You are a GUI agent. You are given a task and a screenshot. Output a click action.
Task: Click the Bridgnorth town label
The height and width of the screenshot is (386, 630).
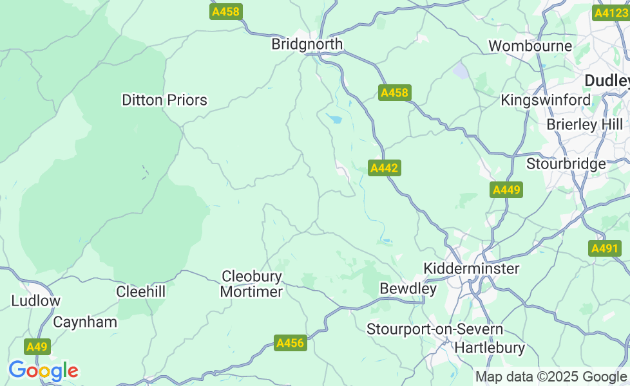point(307,44)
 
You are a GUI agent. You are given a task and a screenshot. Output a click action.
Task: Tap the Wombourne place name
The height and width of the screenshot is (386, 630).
point(530,46)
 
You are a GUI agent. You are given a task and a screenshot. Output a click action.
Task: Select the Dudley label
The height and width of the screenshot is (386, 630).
point(606,80)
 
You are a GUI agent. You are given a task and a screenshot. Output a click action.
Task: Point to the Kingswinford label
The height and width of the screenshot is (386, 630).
point(546,100)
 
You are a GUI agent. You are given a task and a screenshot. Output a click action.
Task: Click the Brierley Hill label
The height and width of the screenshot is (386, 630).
point(584,124)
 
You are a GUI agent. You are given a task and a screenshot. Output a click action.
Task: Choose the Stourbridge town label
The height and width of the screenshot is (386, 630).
point(566,163)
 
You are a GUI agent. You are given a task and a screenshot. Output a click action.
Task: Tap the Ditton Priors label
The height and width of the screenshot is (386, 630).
point(164,100)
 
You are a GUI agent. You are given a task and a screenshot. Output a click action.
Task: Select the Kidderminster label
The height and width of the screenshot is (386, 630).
point(471,268)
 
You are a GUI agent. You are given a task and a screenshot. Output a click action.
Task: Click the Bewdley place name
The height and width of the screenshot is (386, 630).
point(408,289)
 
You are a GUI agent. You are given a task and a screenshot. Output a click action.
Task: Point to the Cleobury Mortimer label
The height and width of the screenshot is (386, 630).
point(252,284)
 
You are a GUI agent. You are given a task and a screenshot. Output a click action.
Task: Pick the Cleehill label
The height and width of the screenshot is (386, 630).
point(140,291)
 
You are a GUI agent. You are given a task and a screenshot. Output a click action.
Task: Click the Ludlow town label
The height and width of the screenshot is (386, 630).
point(35,300)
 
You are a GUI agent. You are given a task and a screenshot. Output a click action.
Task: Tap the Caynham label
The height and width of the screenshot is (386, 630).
point(85,322)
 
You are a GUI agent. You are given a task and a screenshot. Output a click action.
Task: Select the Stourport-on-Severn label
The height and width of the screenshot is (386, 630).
point(435,329)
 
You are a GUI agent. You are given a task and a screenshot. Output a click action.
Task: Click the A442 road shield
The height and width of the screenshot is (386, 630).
point(385,168)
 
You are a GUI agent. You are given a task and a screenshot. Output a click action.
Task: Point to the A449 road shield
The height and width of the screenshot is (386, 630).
point(506,190)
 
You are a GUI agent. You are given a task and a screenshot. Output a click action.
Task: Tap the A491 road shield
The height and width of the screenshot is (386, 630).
point(604,248)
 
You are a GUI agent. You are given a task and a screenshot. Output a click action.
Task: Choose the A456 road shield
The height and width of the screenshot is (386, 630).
point(290,343)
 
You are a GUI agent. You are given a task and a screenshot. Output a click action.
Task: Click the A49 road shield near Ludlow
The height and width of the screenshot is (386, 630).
point(37,347)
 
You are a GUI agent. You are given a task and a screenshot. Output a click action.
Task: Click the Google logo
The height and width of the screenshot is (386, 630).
point(43,371)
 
